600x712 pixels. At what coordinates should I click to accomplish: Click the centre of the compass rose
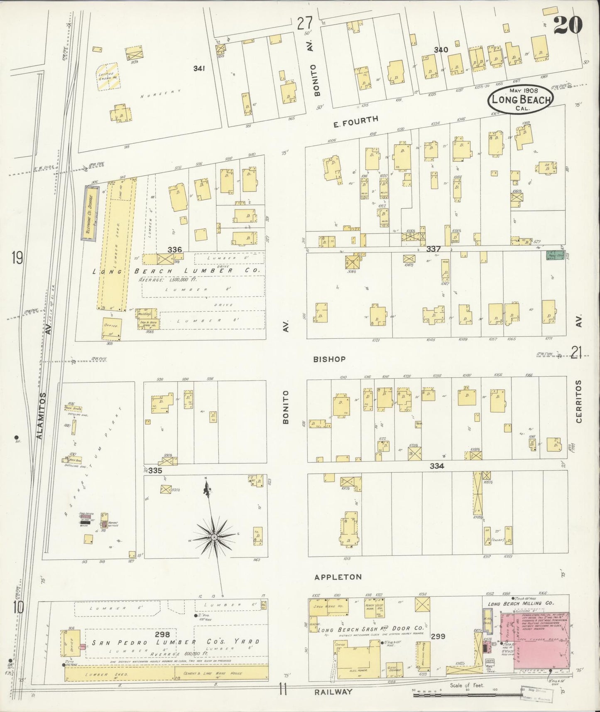pos(214,537)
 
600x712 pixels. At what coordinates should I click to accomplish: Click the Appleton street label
pos(338,577)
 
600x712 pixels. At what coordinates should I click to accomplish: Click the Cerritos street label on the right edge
pos(579,402)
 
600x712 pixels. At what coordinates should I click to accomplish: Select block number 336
pos(175,250)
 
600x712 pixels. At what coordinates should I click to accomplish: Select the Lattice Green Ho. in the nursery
pos(108,77)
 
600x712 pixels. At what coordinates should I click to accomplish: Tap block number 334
pos(437,466)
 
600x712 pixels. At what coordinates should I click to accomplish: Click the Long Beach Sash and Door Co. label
pos(370,629)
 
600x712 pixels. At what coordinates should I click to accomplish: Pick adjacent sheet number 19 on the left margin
pos(17,258)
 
